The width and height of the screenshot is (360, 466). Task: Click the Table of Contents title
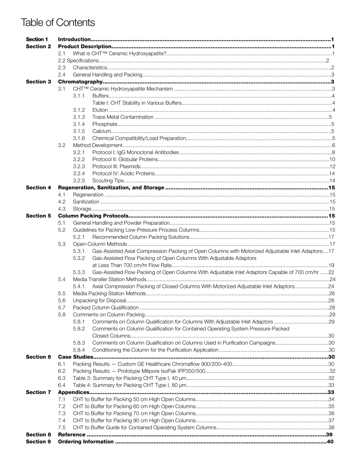pos(58,23)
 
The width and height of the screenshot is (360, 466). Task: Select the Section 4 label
pos(38,188)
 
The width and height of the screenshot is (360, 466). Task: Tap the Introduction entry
pos(74,39)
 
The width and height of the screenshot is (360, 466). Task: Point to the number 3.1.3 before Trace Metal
pos(79,117)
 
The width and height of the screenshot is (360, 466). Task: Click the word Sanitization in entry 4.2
pos(86,202)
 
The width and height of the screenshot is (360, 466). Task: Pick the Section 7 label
pos(38,392)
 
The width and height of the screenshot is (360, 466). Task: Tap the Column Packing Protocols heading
pos(91,216)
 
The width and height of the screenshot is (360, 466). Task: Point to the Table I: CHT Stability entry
pos(137,103)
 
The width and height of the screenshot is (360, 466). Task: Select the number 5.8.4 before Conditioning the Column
pos(79,350)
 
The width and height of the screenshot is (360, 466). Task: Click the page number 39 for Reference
pos(329,435)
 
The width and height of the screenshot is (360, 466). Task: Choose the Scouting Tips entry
pos(108,180)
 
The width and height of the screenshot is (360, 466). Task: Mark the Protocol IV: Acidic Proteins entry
pos(123,174)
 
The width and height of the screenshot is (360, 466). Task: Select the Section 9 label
pos(38,441)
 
